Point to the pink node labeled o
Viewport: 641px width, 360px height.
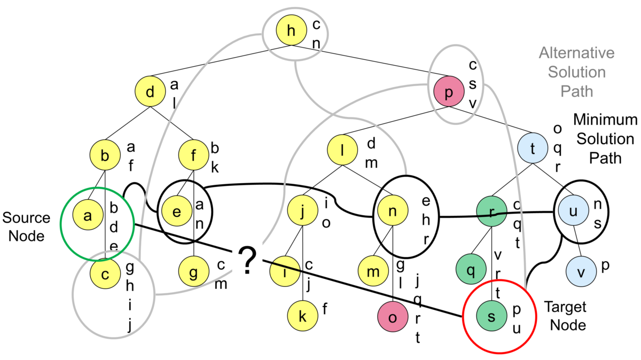[393, 317]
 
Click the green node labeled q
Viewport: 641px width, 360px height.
[471, 269]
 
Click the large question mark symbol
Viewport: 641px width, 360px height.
[246, 261]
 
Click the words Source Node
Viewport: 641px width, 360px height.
[26, 226]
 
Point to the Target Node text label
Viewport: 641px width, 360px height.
[565, 316]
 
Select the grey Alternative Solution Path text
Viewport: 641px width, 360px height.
[576, 72]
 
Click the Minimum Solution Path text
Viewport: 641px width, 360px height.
[605, 139]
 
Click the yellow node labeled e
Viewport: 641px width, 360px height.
[177, 210]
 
